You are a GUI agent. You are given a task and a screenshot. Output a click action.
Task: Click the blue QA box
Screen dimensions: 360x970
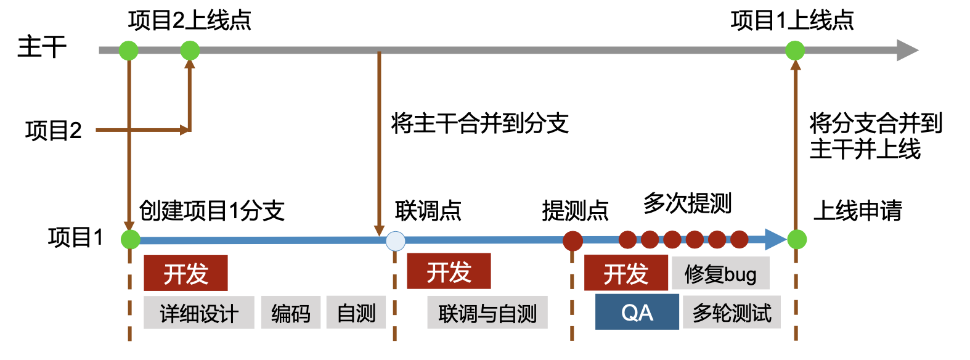[637, 312]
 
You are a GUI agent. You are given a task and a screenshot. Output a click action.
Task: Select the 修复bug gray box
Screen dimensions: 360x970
[720, 273]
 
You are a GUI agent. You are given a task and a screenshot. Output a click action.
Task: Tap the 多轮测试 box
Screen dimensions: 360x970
[732, 313]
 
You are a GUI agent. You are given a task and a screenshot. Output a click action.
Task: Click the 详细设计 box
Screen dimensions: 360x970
[198, 313]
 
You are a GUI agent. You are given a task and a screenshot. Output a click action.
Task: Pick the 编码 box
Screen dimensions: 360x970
[290, 313]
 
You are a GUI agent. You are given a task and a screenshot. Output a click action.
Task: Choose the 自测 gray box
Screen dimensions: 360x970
[356, 313]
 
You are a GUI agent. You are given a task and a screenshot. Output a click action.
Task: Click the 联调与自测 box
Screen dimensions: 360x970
[487, 313]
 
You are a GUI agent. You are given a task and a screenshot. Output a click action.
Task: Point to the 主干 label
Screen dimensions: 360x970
[41, 47]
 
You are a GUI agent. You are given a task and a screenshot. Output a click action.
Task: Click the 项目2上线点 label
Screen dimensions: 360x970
[189, 20]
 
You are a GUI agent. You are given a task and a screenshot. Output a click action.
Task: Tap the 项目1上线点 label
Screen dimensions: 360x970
[792, 20]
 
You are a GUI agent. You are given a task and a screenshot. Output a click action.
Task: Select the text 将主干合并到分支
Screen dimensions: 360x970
[479, 123]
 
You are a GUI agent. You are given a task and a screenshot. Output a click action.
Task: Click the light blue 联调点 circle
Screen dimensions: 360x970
[395, 240]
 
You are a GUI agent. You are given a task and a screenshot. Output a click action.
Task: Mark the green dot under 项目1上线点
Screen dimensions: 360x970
[795, 50]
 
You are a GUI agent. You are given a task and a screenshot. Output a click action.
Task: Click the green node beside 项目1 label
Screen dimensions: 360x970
[130, 239]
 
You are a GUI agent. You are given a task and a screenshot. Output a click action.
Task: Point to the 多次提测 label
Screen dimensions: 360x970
[687, 203]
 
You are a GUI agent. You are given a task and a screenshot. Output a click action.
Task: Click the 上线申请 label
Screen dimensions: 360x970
[857, 211]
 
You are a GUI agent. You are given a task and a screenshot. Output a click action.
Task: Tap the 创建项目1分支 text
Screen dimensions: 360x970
[211, 211]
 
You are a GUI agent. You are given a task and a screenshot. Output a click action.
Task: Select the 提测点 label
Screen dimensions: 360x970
[575, 211]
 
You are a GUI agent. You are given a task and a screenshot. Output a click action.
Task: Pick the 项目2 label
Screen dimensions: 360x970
[54, 131]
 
